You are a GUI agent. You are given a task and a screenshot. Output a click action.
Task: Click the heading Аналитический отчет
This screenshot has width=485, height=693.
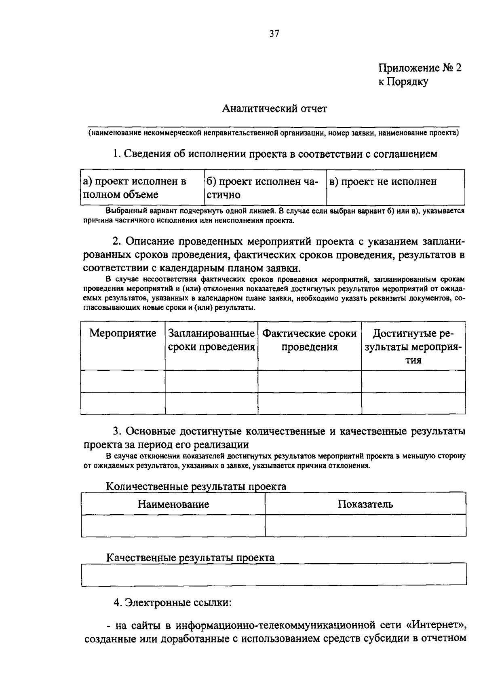tap(274, 109)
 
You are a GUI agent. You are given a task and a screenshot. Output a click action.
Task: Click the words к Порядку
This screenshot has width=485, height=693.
tap(403, 82)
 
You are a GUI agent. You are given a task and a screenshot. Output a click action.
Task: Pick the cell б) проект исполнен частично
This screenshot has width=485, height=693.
tap(264, 188)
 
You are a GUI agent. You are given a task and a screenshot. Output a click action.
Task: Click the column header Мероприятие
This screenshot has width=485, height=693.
tap(122, 334)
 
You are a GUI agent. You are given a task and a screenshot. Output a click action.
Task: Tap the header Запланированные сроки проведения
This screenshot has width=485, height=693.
tap(211, 340)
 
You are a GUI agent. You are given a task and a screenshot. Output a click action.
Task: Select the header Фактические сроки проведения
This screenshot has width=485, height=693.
tap(310, 340)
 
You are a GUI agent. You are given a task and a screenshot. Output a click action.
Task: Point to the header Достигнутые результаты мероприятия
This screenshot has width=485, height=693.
tap(413, 346)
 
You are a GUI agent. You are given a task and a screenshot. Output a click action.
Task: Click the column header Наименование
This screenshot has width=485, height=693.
tap(173, 504)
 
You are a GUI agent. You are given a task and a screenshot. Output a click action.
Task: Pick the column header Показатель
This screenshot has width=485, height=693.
tap(365, 504)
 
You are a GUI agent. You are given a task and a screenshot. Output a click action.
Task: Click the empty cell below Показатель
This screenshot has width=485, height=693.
tap(365, 526)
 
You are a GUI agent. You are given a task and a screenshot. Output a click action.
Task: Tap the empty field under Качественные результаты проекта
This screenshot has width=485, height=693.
tap(274, 575)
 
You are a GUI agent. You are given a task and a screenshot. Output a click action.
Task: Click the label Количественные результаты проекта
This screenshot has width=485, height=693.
tap(196, 486)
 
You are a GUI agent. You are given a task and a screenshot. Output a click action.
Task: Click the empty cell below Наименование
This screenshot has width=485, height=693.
tap(173, 526)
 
